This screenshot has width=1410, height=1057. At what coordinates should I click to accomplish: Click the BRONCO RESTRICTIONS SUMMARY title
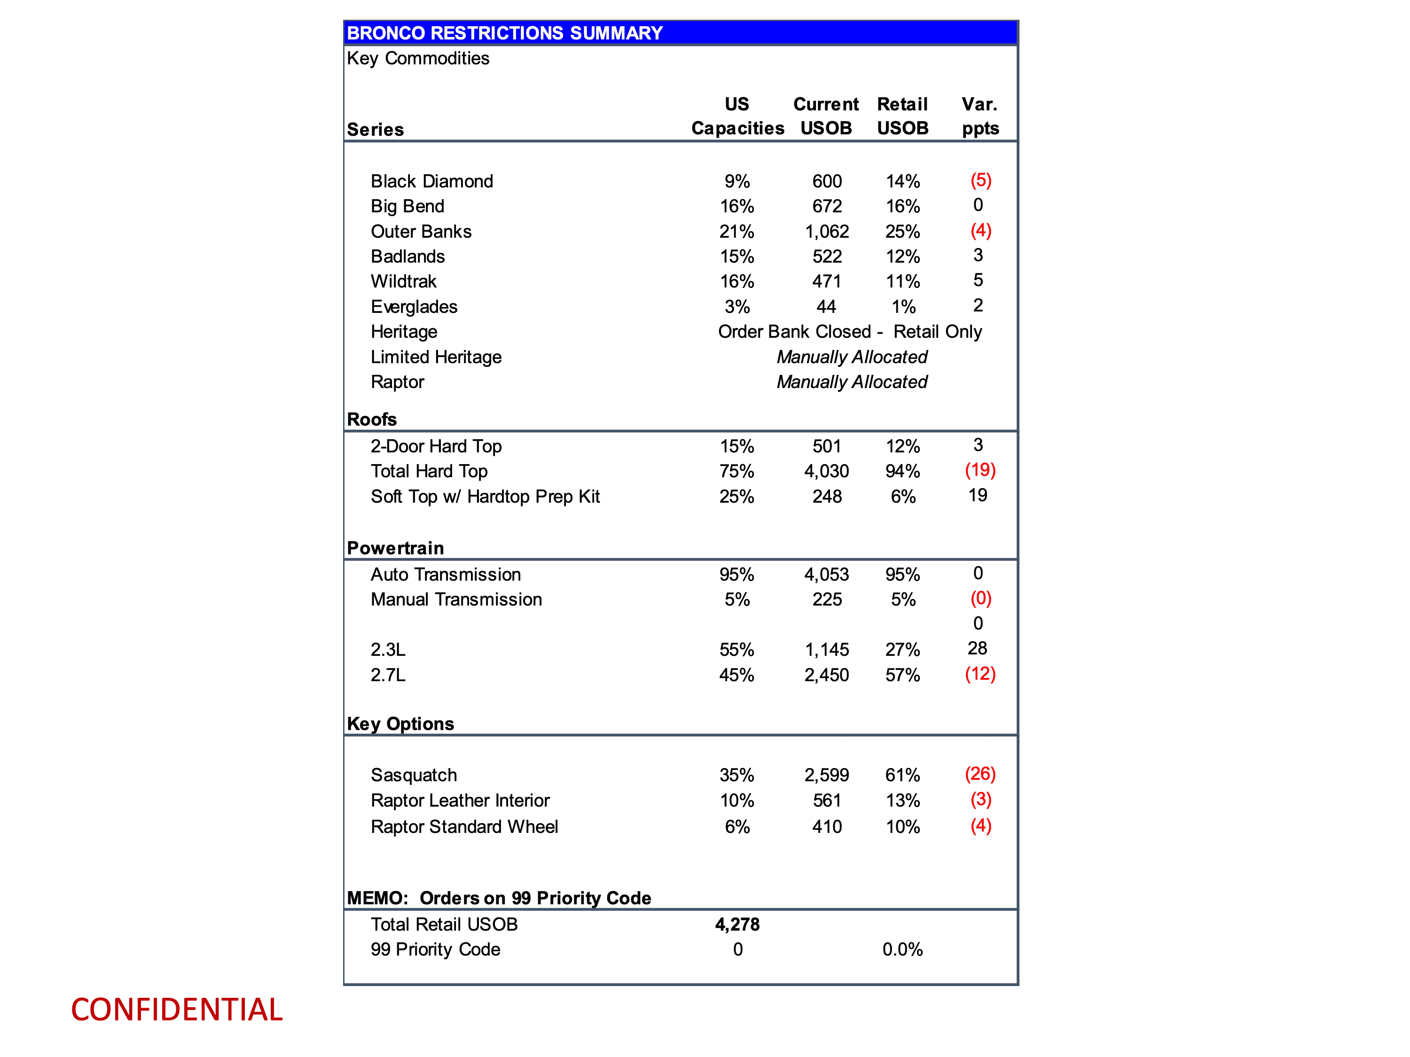(504, 33)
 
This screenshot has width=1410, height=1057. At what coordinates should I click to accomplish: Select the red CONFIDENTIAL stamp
(177, 1010)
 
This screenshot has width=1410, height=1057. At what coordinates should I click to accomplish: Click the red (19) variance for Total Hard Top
(980, 470)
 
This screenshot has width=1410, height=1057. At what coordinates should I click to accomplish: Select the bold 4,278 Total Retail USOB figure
(737, 925)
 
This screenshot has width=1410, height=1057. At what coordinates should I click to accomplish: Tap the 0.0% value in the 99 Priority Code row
(902, 949)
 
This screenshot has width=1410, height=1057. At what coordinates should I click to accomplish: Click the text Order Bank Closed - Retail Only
(850, 332)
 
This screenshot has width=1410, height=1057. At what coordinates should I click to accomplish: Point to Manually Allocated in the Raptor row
(852, 382)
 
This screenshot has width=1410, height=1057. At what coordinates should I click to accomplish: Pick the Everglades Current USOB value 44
(826, 307)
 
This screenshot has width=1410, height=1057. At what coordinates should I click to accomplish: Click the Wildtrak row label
(403, 281)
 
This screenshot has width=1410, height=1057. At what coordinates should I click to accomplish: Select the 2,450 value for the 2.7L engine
(827, 676)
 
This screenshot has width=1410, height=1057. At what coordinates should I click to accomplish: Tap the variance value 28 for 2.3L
(977, 649)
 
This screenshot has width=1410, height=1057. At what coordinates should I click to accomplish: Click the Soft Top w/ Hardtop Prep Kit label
(485, 497)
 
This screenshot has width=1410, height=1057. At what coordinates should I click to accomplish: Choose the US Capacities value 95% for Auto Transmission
(737, 575)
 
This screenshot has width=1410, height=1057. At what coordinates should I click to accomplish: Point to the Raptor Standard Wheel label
(464, 827)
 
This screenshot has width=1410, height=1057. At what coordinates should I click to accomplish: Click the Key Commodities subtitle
(418, 59)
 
